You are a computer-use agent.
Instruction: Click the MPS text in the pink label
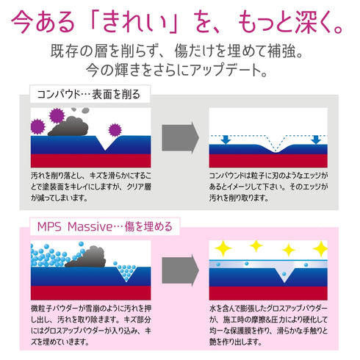tap(49, 227)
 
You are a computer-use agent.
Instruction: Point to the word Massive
tap(90, 227)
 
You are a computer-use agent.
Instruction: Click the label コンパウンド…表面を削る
tap(89, 94)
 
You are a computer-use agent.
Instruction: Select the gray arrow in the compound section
tap(180, 137)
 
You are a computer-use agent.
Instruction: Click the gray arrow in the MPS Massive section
tap(180, 270)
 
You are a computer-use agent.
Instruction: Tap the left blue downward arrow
tap(226, 140)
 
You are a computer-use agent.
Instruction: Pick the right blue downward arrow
tap(316, 140)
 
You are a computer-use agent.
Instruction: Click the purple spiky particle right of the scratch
tap(115, 129)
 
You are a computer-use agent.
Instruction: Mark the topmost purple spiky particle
tap(57, 116)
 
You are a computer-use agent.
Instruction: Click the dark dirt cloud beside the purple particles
tap(68, 126)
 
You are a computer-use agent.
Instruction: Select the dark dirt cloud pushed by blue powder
tap(86, 257)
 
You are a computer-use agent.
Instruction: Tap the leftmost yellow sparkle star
tap(223, 248)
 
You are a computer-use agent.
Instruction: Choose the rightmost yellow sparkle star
tap(321, 248)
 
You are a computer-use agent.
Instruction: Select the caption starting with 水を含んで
tap(268, 325)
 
